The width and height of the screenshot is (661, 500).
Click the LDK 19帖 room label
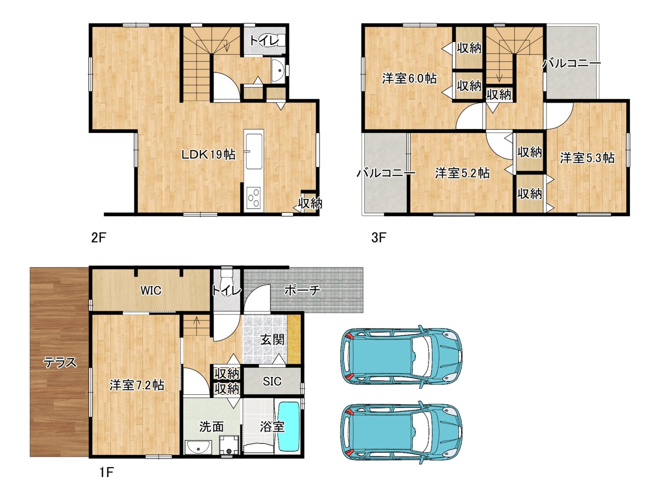click(x=208, y=155)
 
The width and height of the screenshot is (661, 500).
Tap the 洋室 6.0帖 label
click(x=409, y=79)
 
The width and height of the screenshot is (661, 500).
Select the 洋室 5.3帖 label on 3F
click(x=587, y=158)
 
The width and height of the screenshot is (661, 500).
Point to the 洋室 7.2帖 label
click(x=137, y=385)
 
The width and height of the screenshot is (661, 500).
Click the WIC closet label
click(x=151, y=290)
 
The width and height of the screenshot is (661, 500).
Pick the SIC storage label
click(x=272, y=381)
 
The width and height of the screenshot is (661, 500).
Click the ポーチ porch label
click(x=302, y=290)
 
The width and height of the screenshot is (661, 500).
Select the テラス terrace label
click(x=60, y=363)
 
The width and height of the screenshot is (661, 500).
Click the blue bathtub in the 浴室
click(x=288, y=427)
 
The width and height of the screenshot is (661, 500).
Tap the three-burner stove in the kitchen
click(x=254, y=198)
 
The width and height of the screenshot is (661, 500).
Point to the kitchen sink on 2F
click(x=254, y=152)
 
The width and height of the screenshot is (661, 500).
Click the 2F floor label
click(x=99, y=238)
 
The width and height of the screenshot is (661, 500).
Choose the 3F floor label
click(x=378, y=238)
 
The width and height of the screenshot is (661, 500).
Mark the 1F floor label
click(x=107, y=472)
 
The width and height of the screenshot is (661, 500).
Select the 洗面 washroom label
click(x=212, y=427)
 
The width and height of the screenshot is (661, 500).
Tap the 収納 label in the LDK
click(x=310, y=203)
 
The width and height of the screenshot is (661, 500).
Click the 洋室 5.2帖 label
click(x=462, y=173)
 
